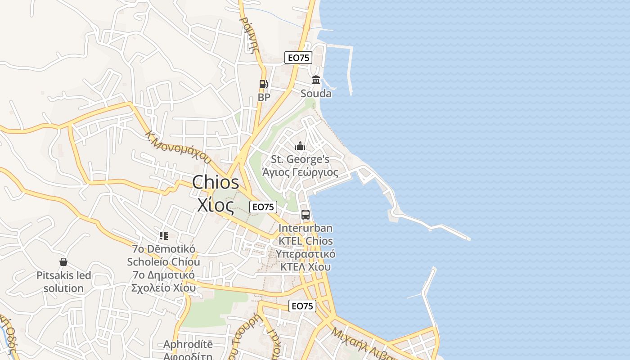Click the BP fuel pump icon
point(263,84)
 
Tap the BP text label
point(264,97)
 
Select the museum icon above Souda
point(316,80)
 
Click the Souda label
point(316,94)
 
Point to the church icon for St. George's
point(300,146)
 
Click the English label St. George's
point(300,159)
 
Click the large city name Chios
point(216,183)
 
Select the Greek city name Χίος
point(216,205)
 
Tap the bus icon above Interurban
point(306,215)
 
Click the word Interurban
point(306,228)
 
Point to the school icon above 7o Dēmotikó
point(164,235)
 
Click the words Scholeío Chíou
point(163,262)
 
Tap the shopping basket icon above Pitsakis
point(63,262)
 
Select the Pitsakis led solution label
point(63,282)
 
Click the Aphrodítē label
point(188,344)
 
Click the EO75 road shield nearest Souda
point(298,58)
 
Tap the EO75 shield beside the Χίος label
point(263,207)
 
